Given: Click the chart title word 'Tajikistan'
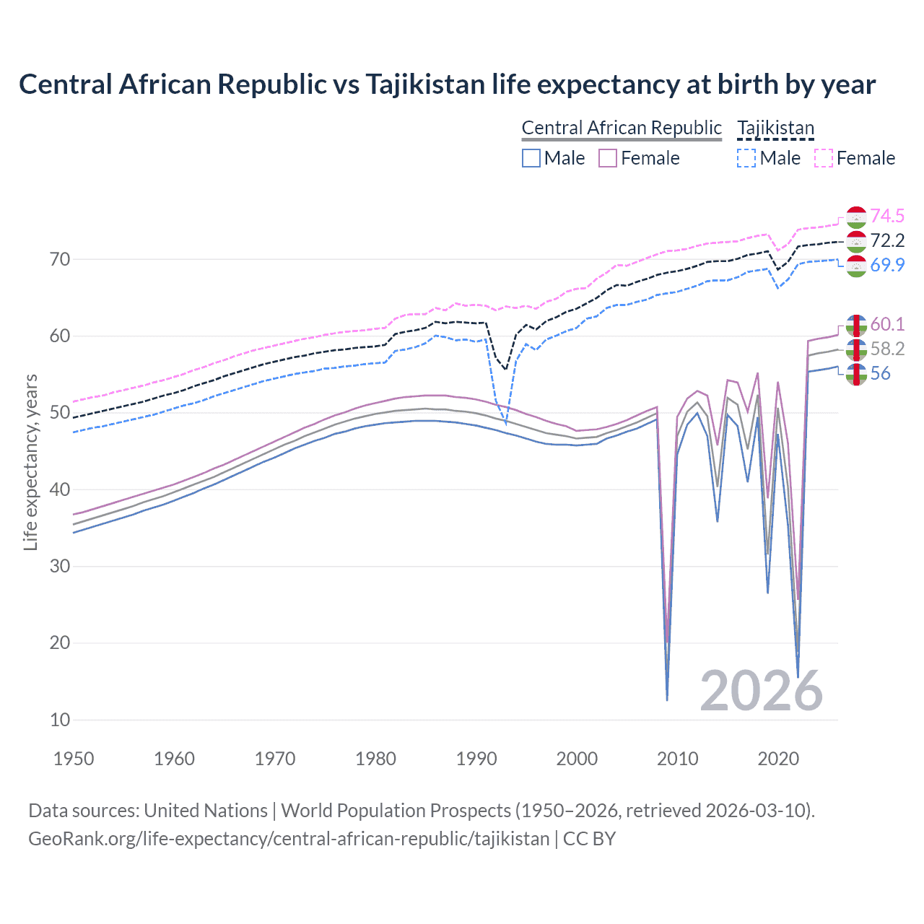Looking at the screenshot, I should click(424, 84).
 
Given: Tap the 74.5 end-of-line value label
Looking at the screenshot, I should click(887, 216).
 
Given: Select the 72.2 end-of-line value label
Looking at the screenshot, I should click(887, 240).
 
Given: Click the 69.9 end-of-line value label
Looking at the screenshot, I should click(887, 265).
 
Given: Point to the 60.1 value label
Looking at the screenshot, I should click(887, 324).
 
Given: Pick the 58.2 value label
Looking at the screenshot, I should click(887, 349).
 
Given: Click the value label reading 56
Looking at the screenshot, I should click(880, 373).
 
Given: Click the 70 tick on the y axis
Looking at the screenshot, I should click(60, 259).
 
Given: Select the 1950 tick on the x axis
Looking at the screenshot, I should click(74, 759).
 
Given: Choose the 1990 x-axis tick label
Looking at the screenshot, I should click(476, 759).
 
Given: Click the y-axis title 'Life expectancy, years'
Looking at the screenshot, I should click(30, 462).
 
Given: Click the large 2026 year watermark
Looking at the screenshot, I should click(761, 691).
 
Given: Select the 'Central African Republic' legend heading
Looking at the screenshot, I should click(622, 128).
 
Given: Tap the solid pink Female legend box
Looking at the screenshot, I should click(608, 158).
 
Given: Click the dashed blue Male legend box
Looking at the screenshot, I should click(746, 158).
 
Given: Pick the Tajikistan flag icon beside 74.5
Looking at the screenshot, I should click(856, 217).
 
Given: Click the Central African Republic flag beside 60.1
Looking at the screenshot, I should click(856, 326).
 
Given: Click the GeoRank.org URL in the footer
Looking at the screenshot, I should click(289, 839).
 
